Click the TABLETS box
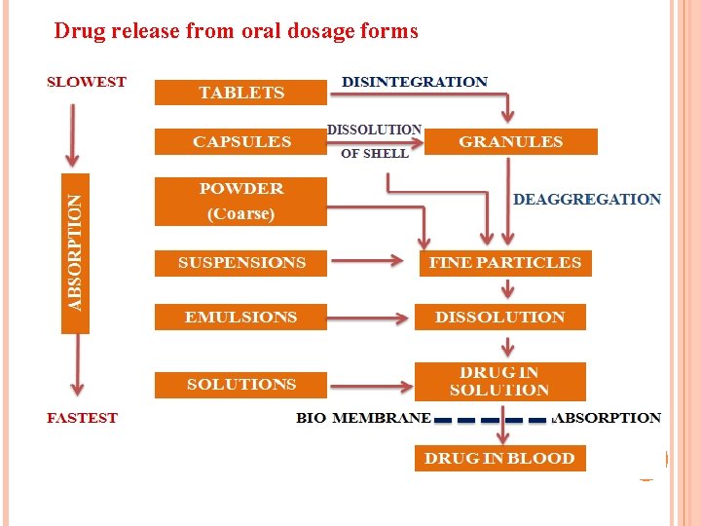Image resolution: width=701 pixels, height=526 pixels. (240, 93)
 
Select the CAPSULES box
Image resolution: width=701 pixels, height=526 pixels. (240, 142)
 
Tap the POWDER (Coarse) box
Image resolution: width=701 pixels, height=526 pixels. (240, 202)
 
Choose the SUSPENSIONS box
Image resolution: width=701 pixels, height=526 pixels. (240, 263)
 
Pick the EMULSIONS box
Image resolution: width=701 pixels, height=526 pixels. (240, 318)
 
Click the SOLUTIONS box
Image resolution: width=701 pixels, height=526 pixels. (240, 385)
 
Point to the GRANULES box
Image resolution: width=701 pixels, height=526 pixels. (510, 142)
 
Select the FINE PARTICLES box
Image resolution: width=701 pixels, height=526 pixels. (504, 263)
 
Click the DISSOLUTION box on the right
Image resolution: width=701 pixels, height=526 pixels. (499, 318)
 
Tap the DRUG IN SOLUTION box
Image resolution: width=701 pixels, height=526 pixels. (499, 382)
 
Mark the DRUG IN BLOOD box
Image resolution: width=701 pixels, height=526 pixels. (499, 459)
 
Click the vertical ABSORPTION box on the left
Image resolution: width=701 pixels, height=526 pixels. (75, 252)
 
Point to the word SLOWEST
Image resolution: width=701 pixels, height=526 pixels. (87, 82)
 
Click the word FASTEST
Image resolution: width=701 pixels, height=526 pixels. (83, 418)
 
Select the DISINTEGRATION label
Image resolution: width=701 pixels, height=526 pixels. (415, 82)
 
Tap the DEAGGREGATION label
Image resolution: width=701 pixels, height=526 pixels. (586, 200)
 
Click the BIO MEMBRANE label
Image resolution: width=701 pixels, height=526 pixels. (363, 418)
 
